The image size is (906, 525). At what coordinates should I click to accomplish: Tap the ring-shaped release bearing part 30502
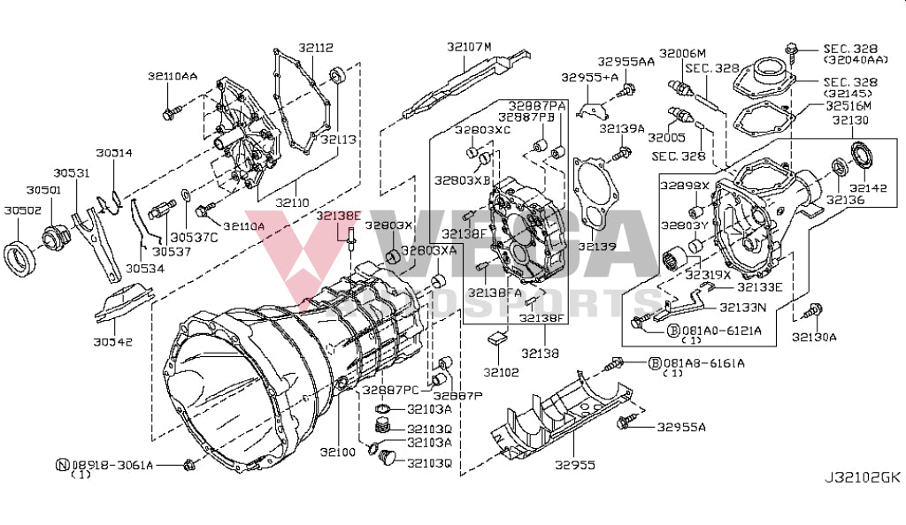coord(22,256)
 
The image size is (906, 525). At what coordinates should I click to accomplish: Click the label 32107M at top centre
coord(468,46)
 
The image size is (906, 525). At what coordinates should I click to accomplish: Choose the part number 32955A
coord(681,427)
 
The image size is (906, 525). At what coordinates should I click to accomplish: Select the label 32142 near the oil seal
coord(868,188)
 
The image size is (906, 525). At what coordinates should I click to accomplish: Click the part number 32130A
coord(814,337)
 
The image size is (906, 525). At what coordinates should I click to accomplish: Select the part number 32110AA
coord(173,77)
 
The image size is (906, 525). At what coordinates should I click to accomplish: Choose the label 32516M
coord(848,105)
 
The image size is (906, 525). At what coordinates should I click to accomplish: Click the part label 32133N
coord(742,308)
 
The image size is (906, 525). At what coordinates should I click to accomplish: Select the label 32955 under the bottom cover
coord(574,464)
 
